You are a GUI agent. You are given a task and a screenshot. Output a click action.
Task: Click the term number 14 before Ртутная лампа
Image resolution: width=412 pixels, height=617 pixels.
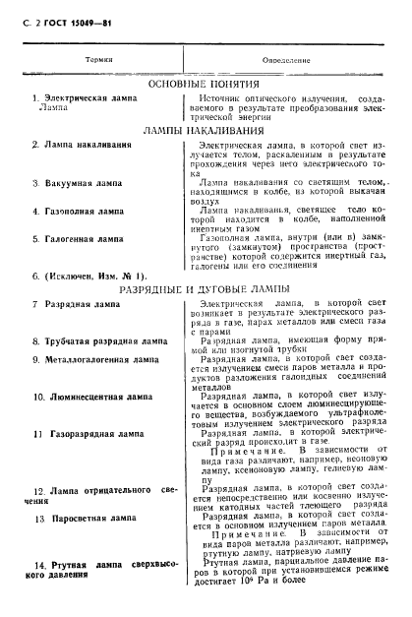click(x=40, y=564)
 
